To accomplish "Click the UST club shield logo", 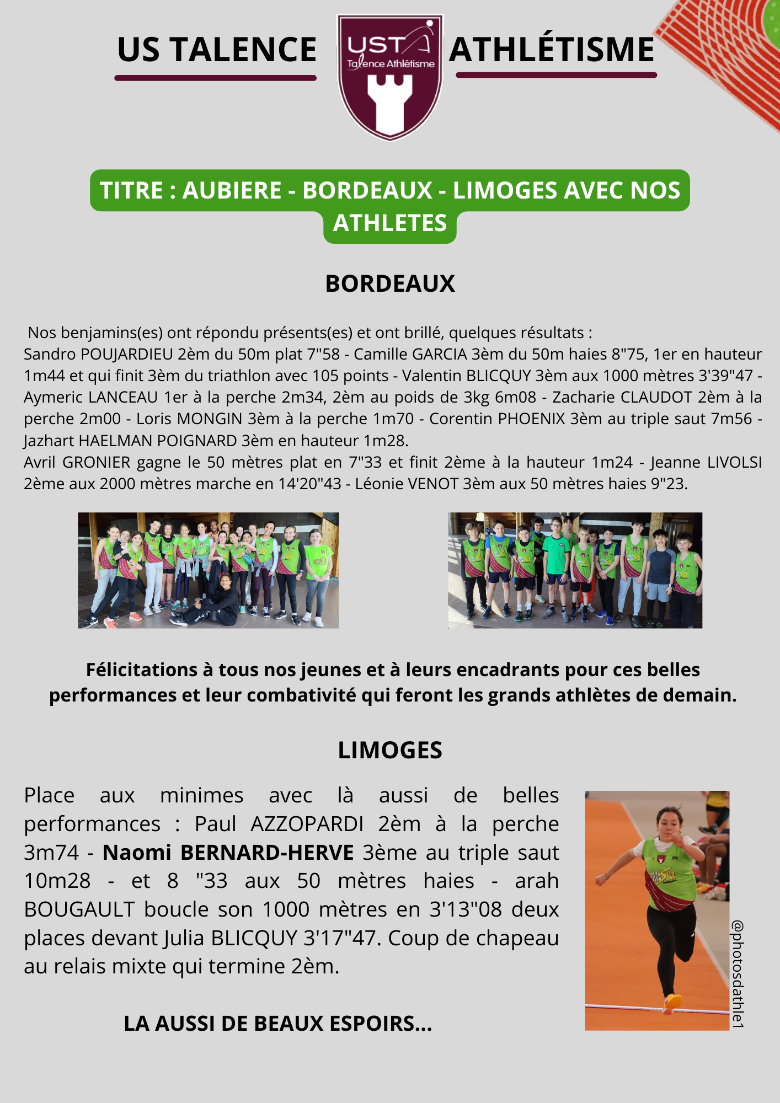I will click(390, 77).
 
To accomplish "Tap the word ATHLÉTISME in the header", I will click(552, 50).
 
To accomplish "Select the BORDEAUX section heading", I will click(390, 283).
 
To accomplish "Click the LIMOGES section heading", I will click(390, 750).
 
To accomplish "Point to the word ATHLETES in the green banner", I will click(390, 223).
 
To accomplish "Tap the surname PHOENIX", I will click(531, 419).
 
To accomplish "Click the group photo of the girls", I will click(208, 570).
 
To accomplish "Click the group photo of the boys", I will click(575, 570).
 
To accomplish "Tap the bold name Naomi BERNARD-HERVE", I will click(228, 853).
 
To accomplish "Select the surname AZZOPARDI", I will click(307, 824).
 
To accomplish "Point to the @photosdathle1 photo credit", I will click(738, 973).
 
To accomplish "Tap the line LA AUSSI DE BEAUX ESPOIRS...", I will click(277, 1024).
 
